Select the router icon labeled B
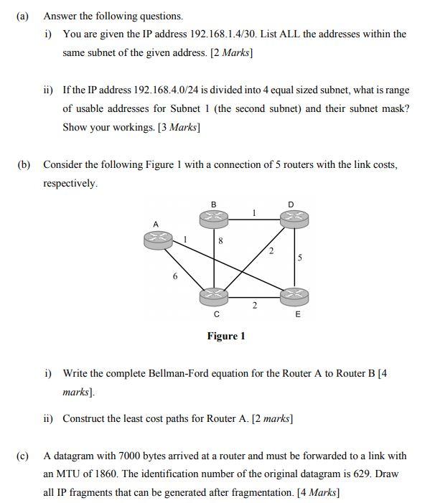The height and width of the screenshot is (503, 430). [x=213, y=216]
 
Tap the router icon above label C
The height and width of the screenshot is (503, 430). [x=214, y=295]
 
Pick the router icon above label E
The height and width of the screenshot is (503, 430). [x=294, y=296]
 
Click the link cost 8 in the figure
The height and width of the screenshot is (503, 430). [x=220, y=243]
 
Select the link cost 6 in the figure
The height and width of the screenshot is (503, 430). [x=175, y=277]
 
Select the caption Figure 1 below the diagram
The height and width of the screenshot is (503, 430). [x=226, y=336]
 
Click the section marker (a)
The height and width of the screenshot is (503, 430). [x=22, y=16]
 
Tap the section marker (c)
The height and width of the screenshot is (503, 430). [x=22, y=456]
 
